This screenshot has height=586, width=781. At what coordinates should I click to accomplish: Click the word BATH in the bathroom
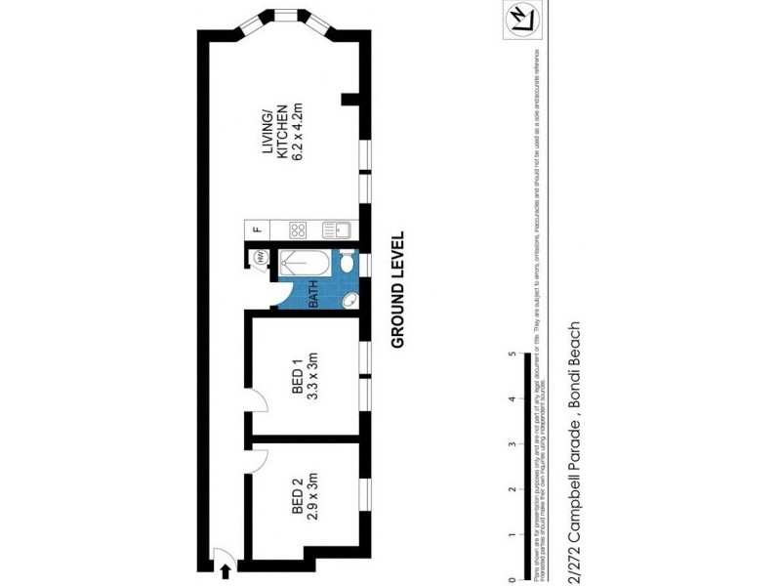[x=314, y=294]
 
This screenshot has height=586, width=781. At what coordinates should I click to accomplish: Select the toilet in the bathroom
[x=348, y=261]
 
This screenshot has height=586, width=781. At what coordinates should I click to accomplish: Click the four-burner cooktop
[x=299, y=231]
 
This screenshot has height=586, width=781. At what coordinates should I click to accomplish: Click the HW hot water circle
[x=261, y=257]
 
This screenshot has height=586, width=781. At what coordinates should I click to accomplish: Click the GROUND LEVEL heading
[x=397, y=291]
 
